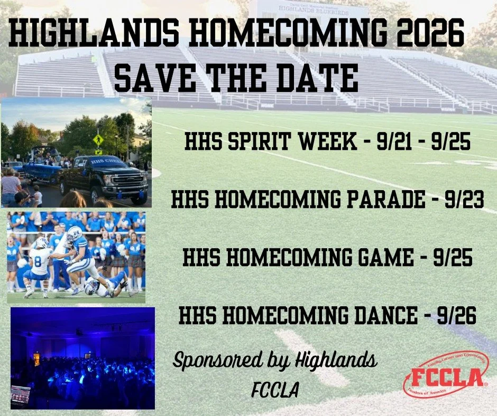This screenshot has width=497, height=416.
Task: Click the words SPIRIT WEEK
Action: pyautogui.click(x=296, y=141)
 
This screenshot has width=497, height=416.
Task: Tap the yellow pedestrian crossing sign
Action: pyautogui.click(x=98, y=140)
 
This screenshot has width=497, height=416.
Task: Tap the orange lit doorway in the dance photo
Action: pyautogui.click(x=36, y=359)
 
